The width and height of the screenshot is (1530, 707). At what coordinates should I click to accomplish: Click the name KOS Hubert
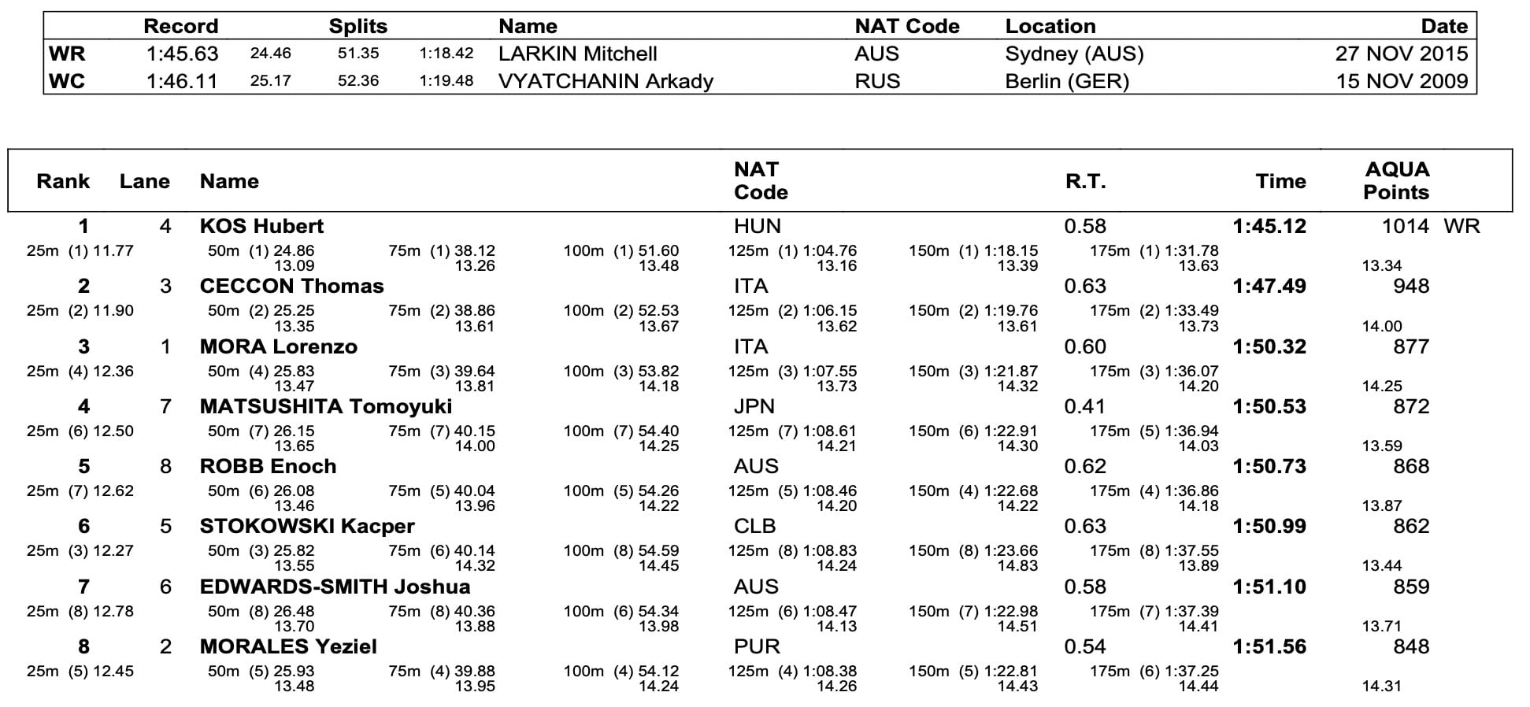261,227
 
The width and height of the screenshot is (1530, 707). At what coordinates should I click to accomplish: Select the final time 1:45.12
1269,227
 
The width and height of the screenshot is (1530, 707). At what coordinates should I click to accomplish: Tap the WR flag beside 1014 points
1461,227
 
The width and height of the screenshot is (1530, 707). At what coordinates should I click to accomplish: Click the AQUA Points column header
1396,181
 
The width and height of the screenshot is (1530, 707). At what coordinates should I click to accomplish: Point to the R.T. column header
1085,182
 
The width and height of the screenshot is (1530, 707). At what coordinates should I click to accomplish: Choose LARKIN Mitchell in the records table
577,54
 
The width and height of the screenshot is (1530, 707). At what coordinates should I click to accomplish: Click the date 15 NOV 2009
1402,81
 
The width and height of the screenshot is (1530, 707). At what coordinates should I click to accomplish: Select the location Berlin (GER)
1067,81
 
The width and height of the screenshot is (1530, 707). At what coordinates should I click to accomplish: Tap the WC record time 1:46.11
182,81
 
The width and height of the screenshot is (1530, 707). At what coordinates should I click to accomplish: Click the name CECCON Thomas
291,287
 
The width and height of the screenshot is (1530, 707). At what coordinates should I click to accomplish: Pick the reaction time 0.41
1084,407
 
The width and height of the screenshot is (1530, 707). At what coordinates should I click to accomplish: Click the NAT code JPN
754,407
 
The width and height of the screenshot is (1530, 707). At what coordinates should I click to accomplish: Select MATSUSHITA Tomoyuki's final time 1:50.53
1269,407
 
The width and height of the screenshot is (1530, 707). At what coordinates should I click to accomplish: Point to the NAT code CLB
754,527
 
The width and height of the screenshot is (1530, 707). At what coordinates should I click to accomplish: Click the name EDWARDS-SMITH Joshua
335,587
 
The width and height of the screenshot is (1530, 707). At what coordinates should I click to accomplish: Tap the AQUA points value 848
1410,647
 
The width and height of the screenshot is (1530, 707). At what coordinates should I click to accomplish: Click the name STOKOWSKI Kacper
307,527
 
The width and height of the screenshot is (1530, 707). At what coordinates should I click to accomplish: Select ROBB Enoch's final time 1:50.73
1269,467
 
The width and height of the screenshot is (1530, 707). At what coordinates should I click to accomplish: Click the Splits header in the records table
357,27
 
